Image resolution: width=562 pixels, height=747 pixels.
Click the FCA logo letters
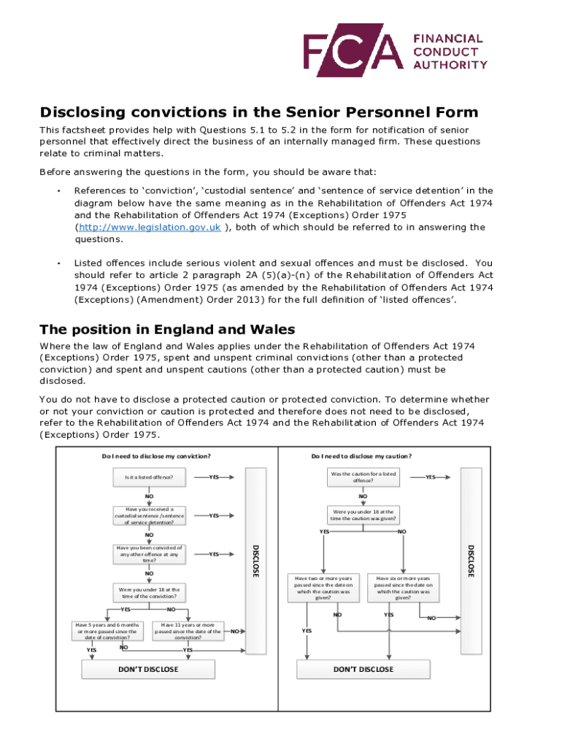coord(354,50)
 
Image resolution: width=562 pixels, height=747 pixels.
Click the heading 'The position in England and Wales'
coord(167,329)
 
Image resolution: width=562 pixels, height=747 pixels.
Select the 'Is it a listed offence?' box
coord(149,477)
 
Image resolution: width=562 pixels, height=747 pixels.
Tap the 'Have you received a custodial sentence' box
coord(149,516)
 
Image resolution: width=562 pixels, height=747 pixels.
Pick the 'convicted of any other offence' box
coord(149,554)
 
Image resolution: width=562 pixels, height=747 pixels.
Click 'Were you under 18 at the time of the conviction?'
coord(149,592)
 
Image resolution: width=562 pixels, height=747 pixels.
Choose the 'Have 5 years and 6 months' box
coord(107,631)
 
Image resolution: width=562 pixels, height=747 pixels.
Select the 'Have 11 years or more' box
coord(188,631)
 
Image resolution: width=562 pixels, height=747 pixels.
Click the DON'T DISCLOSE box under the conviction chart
coord(148,669)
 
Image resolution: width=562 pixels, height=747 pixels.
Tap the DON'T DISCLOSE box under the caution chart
coord(363,669)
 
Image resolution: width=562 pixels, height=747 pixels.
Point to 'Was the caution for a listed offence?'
coord(363,477)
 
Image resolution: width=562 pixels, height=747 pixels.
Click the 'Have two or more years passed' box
coord(323,587)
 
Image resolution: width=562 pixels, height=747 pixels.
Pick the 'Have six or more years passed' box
coord(403,587)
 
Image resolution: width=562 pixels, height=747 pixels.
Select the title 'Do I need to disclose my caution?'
coord(361,457)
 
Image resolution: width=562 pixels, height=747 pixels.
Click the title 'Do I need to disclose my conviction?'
coord(156,457)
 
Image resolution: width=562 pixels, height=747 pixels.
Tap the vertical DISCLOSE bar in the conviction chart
coord(255,560)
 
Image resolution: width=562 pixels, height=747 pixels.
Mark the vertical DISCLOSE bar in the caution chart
coord(471,560)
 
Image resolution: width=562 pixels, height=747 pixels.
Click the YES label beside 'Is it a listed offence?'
coord(214,477)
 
